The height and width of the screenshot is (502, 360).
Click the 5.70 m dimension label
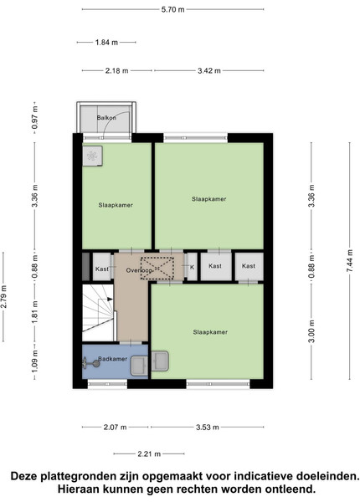(x=173, y=9)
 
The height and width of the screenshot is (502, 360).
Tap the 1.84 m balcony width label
(x=106, y=43)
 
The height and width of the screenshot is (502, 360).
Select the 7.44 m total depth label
(x=349, y=261)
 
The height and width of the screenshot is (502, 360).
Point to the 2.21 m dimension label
(x=149, y=454)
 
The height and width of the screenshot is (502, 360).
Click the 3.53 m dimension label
(x=208, y=427)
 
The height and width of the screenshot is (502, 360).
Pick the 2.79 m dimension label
(x=4, y=296)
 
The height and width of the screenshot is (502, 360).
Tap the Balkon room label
(x=106, y=118)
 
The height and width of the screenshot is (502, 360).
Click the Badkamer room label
(x=113, y=359)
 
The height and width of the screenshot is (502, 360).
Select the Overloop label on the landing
(x=139, y=270)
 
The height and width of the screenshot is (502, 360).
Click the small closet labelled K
(x=193, y=267)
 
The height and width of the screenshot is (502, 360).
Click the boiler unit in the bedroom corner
(x=93, y=156)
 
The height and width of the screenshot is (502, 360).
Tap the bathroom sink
(x=139, y=366)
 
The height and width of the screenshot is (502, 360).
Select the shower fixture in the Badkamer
(x=90, y=363)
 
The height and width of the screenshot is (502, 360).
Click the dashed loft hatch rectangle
(x=157, y=268)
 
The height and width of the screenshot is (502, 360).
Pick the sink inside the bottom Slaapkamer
(x=160, y=361)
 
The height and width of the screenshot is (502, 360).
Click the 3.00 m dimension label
(x=311, y=331)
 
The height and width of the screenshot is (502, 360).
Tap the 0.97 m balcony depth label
(x=34, y=117)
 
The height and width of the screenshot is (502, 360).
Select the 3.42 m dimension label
(x=209, y=71)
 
